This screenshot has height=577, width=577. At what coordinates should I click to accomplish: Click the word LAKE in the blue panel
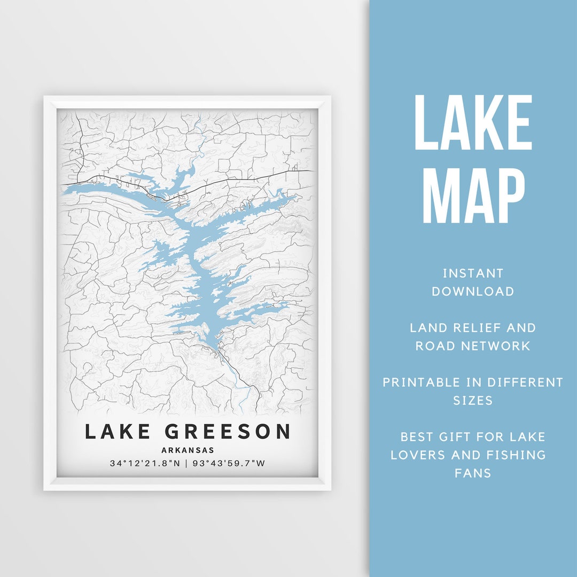(x=473, y=123)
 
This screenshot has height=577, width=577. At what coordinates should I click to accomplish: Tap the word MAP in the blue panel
(x=473, y=195)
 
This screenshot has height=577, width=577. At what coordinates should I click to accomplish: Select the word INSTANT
(x=473, y=274)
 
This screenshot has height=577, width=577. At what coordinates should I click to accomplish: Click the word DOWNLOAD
(x=473, y=292)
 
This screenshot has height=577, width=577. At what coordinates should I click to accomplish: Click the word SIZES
(x=473, y=401)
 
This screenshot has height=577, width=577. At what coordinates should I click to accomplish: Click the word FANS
(x=473, y=473)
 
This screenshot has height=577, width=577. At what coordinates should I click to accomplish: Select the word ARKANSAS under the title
(x=187, y=450)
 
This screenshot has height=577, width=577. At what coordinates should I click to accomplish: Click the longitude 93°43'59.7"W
(x=231, y=463)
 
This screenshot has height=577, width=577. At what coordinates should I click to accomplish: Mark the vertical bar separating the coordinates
(x=186, y=463)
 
